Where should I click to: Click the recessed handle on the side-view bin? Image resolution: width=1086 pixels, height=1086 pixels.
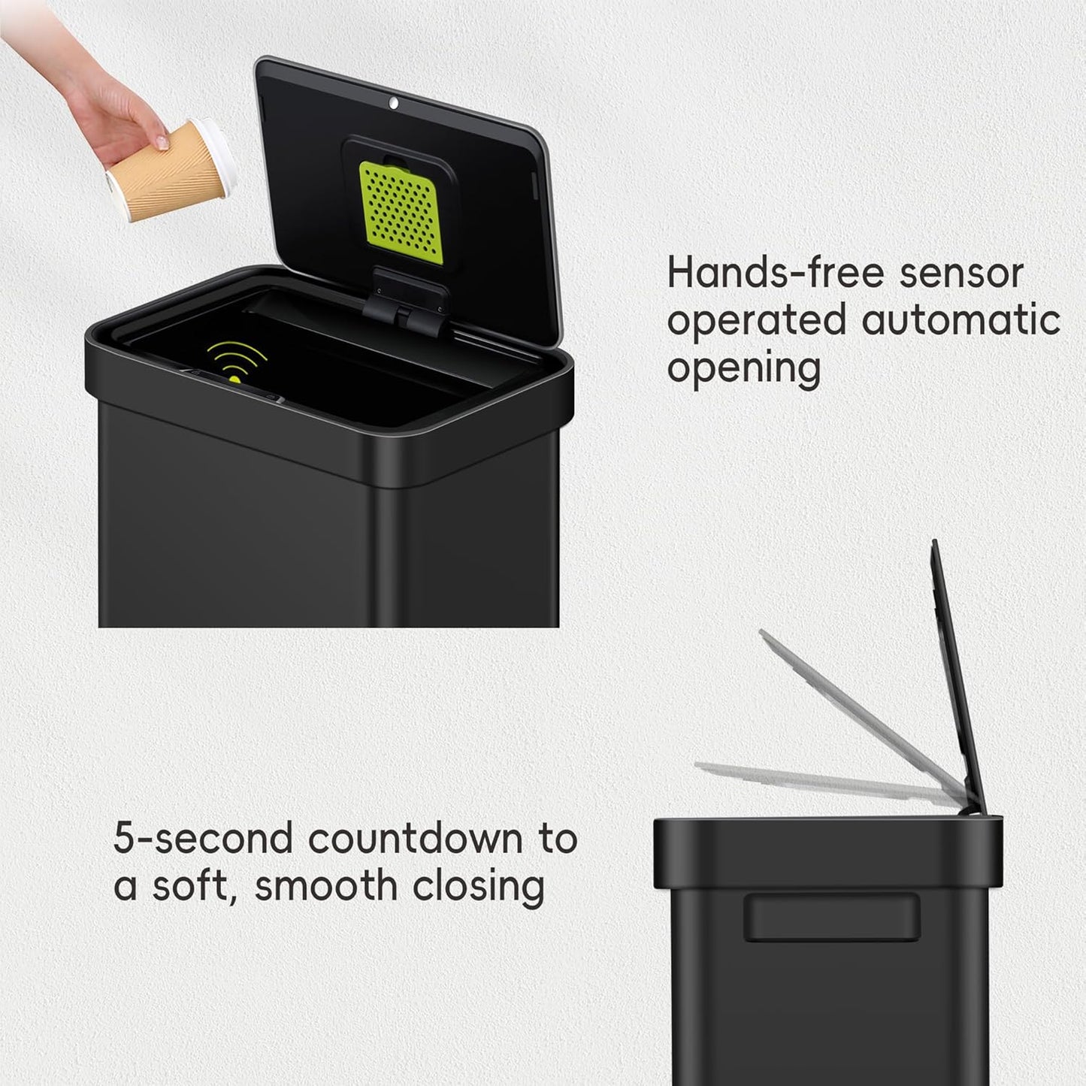[x=832, y=918]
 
